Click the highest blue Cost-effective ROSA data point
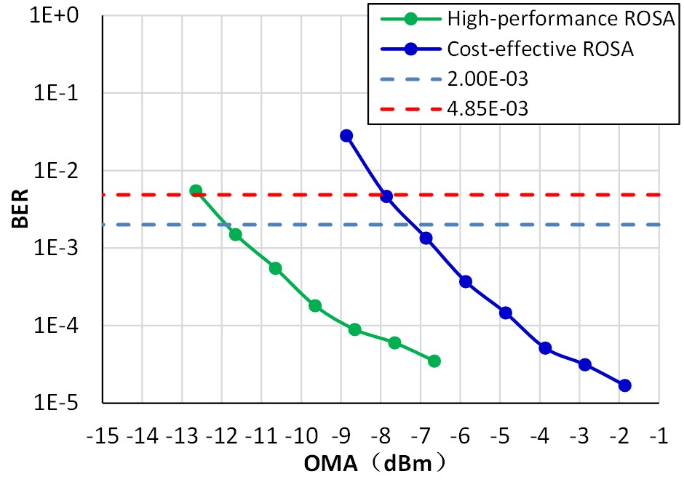point(346,136)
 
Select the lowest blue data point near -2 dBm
point(624,385)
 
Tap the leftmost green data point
point(196,190)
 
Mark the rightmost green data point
point(434,361)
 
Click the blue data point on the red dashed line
point(386,196)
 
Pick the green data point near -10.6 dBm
point(275,268)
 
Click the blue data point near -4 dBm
point(545,348)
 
